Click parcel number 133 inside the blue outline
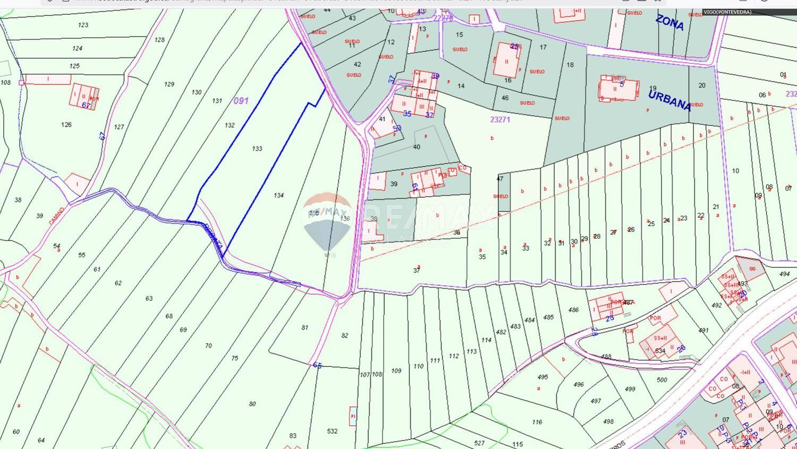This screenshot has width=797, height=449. tap(257, 149)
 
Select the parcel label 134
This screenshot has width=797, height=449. tap(279, 195)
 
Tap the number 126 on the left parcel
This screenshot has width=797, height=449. tap(66, 125)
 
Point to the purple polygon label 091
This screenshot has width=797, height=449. tap(241, 100)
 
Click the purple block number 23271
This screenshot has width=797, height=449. tap(500, 120)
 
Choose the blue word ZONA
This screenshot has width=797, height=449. tap(669, 22)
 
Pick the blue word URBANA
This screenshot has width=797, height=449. tap(669, 100)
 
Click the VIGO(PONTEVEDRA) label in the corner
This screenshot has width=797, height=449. tap(727, 12)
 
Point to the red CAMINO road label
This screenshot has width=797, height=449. tap(57, 215)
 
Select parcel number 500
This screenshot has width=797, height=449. tap(662, 380)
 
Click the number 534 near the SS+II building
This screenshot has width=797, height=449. tap(660, 351)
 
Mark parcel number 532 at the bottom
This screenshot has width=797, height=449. tap(332, 431)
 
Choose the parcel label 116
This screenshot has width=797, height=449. tap(537, 422)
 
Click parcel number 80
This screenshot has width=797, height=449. tap(252, 404)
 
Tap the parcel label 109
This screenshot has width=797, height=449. tap(396, 371)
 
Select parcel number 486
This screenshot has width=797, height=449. tap(573, 310)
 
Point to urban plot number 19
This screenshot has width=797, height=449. tap(653, 89)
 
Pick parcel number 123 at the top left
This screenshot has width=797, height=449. tap(83, 25)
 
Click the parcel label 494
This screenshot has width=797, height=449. tap(785, 274)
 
